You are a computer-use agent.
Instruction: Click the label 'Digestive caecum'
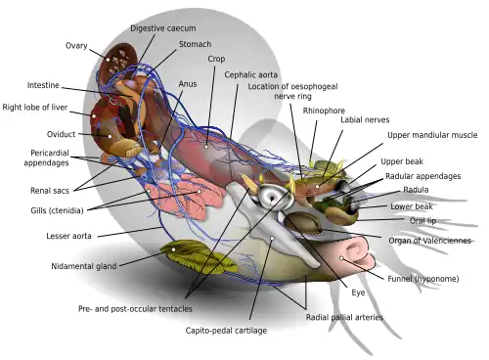pos(163,28)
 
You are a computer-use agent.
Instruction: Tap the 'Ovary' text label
pos(76,46)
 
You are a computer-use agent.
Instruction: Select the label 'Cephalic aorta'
pos(251,74)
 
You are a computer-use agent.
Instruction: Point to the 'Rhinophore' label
pos(324,111)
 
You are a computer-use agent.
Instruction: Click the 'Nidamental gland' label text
pos(84,266)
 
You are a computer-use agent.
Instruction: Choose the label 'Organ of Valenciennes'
pos(430,241)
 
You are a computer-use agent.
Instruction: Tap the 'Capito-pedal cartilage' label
pos(226,331)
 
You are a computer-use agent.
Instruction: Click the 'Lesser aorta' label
pos(68,236)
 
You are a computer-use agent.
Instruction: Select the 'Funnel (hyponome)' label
pos(423,279)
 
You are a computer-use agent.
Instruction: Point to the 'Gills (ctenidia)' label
pos(57,210)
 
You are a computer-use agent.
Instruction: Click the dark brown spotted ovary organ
pos(118,62)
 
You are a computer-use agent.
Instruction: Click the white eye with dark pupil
pos(272,197)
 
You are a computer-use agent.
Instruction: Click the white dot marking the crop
pos(206,147)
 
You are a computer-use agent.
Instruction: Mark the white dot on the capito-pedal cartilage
pos(272,239)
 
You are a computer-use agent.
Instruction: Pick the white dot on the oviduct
pos(110,137)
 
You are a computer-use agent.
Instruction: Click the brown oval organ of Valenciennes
pos(302,223)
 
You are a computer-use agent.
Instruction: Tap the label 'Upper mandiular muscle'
pos(432,135)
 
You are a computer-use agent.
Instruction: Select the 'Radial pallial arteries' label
pos(344,317)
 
